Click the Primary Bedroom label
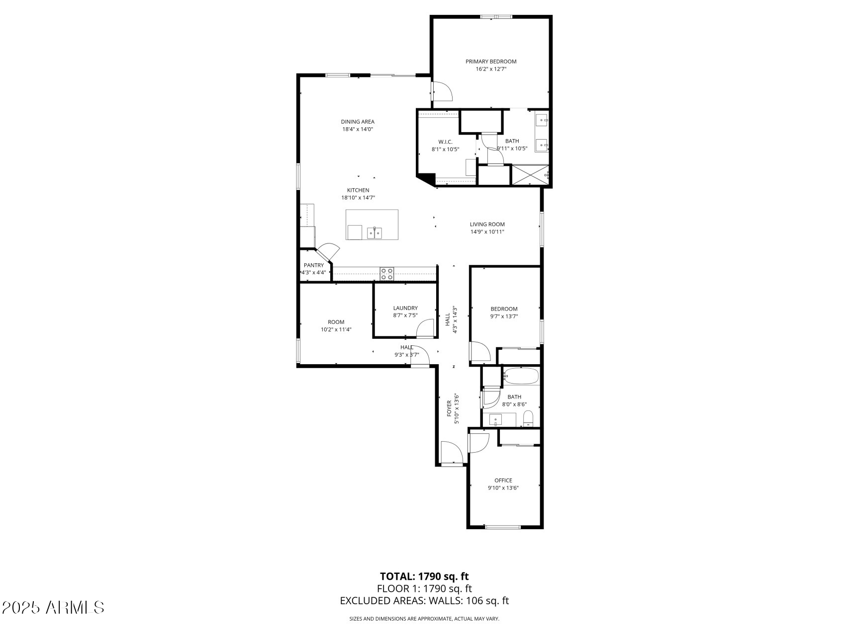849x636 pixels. [x=490, y=62]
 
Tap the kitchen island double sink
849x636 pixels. [x=374, y=233]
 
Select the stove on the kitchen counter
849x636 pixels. [x=387, y=273]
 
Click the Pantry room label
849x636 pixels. [x=314, y=265]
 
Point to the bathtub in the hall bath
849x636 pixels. [x=521, y=376]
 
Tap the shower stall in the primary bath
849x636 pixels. [x=530, y=176]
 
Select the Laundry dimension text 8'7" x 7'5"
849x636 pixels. [x=405, y=315]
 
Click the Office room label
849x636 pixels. [x=503, y=480]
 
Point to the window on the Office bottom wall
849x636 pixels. [x=502, y=527]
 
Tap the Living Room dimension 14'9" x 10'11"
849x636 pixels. [x=487, y=232]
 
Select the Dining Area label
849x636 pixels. [x=357, y=122]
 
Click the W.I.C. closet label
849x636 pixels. [x=445, y=142]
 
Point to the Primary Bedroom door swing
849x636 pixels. [x=442, y=92]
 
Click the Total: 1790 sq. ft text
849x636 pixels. [x=424, y=576]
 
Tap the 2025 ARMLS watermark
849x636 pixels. [x=53, y=607]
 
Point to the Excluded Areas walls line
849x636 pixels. [x=424, y=601]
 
